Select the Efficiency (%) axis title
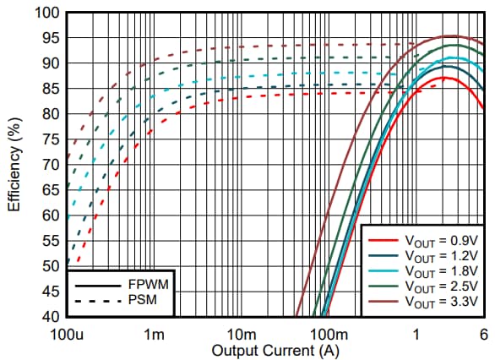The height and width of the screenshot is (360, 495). click(x=14, y=165)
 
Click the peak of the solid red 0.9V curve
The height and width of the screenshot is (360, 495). click(x=446, y=78)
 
